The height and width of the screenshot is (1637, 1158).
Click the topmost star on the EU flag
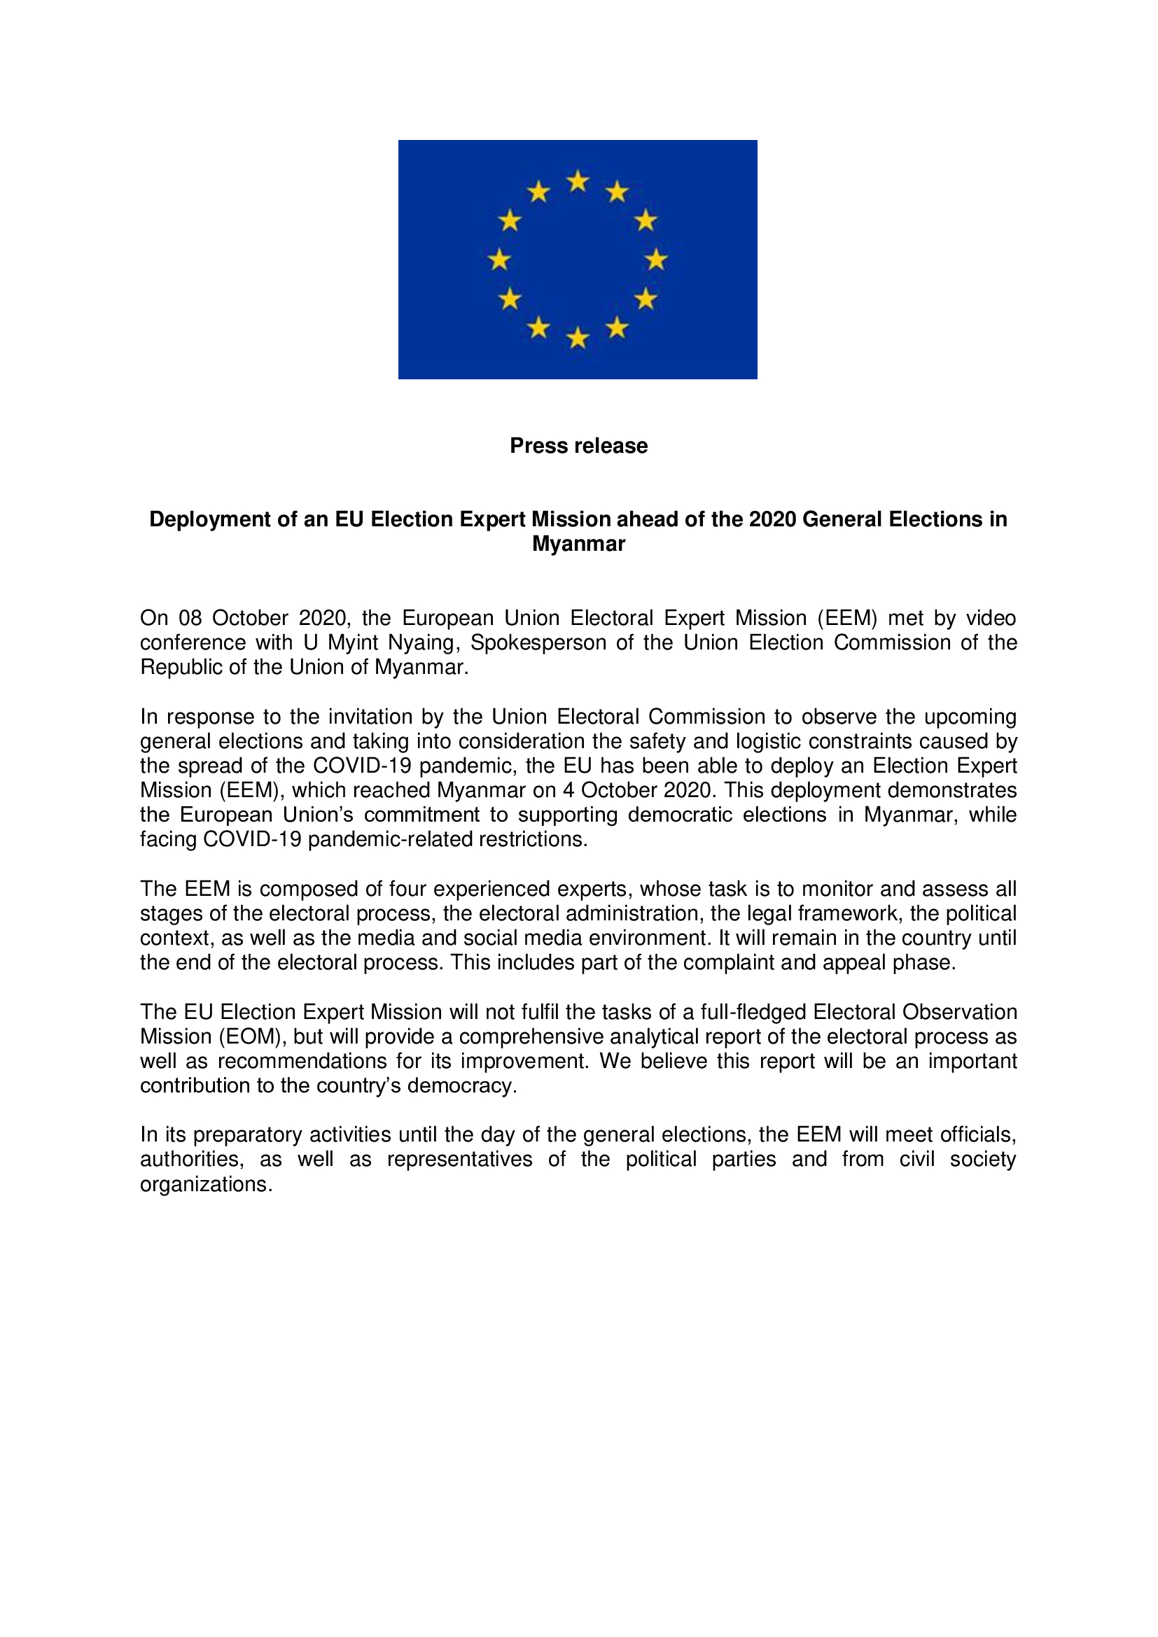pos(578,182)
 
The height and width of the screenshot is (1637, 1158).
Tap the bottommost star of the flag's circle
pos(578,337)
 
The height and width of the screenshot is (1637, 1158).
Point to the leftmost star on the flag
pos(500,260)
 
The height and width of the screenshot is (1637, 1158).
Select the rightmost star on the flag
pos(656,260)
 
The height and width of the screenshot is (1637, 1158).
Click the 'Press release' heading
pos(578,446)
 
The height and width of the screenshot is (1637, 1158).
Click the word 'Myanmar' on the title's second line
pos(578,543)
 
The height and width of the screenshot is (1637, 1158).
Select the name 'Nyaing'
pos(421,642)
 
